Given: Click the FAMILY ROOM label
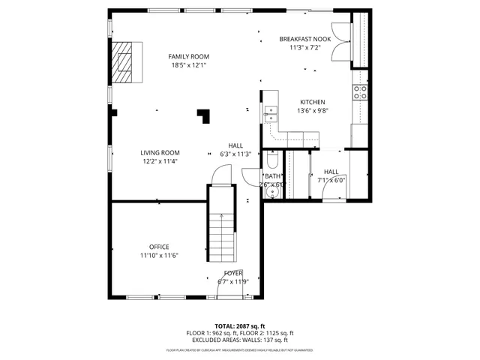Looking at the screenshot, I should [188, 56].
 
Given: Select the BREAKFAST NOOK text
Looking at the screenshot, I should [304, 39].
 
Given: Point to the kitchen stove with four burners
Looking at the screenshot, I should [360, 92].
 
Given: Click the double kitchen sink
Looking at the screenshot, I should [270, 113].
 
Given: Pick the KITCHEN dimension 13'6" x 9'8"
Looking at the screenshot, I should [313, 110].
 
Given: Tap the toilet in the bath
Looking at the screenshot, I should [272, 160].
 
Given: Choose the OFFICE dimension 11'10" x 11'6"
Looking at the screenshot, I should [158, 256].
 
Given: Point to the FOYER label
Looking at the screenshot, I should [232, 273].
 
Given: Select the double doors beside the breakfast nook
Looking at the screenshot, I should [343, 40].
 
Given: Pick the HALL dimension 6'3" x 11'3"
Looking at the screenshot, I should [235, 154].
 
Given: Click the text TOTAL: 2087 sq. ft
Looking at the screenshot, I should [240, 325].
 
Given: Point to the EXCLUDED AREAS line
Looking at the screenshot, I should [240, 340].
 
